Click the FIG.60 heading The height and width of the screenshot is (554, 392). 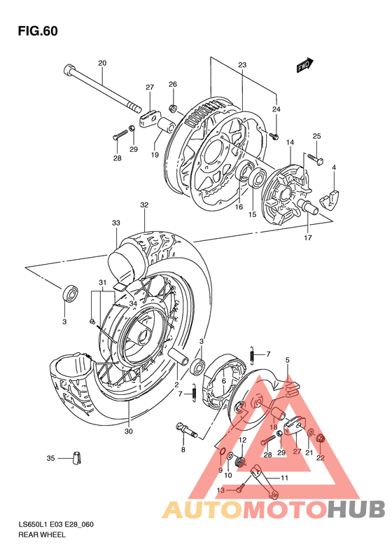[x=38, y=32]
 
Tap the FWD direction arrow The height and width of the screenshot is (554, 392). [x=303, y=66]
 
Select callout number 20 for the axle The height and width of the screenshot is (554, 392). [x=102, y=64]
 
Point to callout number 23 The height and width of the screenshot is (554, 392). [x=242, y=65]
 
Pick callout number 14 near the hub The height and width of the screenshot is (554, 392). [x=288, y=142]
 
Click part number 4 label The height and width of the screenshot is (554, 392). [x=334, y=167]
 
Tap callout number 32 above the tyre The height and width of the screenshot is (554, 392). [x=144, y=205]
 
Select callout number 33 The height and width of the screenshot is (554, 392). [x=115, y=223]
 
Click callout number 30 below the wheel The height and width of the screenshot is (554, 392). [x=128, y=431]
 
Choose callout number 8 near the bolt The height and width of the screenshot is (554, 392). [x=183, y=450]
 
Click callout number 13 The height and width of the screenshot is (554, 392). [x=220, y=491]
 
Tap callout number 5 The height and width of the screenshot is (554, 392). [x=287, y=360]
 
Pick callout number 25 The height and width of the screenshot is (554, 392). [x=316, y=136]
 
